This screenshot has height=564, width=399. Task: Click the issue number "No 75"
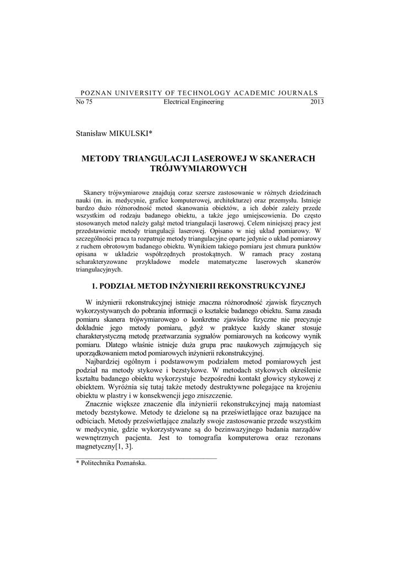pos(83,102)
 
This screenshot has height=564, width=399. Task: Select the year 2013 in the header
pos(317,102)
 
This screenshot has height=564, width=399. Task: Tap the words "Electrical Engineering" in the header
pos(194,102)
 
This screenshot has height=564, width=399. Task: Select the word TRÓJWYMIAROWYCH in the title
pos(198,168)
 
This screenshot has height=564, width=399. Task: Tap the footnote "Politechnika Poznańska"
pos(114,464)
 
